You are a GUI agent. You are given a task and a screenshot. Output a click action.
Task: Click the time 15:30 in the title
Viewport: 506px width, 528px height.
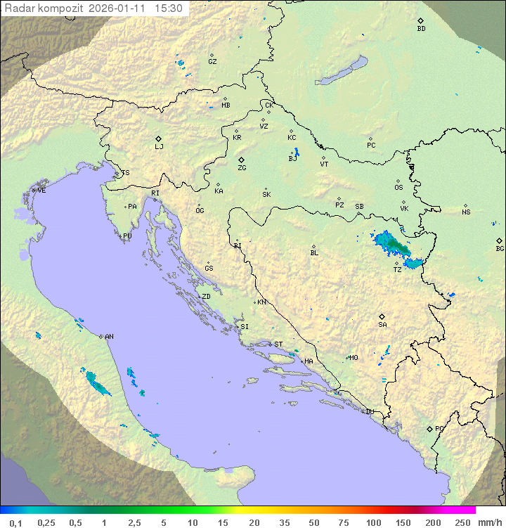pos(169,8)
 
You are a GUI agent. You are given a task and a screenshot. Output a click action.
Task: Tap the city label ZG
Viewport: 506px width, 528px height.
pos(242,168)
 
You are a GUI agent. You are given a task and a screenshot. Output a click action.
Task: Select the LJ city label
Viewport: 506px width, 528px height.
pos(159,147)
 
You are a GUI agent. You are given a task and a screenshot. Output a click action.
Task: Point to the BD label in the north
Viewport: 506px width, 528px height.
pos(421,29)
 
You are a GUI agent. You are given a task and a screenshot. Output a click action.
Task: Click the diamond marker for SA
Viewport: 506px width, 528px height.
pos(382,316)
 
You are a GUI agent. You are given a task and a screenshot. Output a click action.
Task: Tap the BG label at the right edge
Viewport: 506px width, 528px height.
pos(500,248)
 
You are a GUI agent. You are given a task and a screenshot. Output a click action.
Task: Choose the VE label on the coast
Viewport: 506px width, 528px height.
pos(41,191)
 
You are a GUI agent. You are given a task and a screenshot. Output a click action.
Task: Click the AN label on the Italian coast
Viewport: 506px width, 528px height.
pos(109,337)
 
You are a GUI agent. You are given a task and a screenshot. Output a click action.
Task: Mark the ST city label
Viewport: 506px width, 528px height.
pos(278,345)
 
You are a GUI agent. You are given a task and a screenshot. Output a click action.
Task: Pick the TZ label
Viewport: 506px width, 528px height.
pos(397,269)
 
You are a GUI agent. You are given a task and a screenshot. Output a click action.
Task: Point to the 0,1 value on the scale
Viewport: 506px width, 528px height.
pos(15,522)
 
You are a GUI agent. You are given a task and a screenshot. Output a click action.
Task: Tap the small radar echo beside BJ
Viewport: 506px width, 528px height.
pos(297,152)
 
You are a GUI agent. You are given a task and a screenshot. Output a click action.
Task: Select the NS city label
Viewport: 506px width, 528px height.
pos(466,212)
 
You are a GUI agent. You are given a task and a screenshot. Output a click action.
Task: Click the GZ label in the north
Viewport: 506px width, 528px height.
pos(212,61)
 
